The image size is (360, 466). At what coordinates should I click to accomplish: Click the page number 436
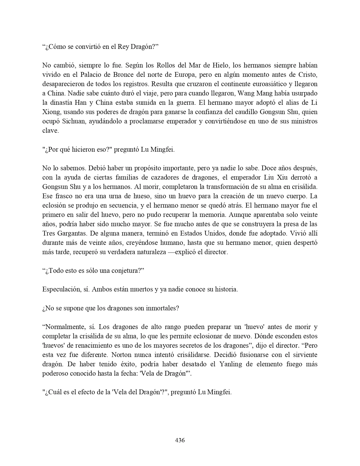point(180,440)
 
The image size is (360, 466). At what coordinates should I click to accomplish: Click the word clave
point(50,131)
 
